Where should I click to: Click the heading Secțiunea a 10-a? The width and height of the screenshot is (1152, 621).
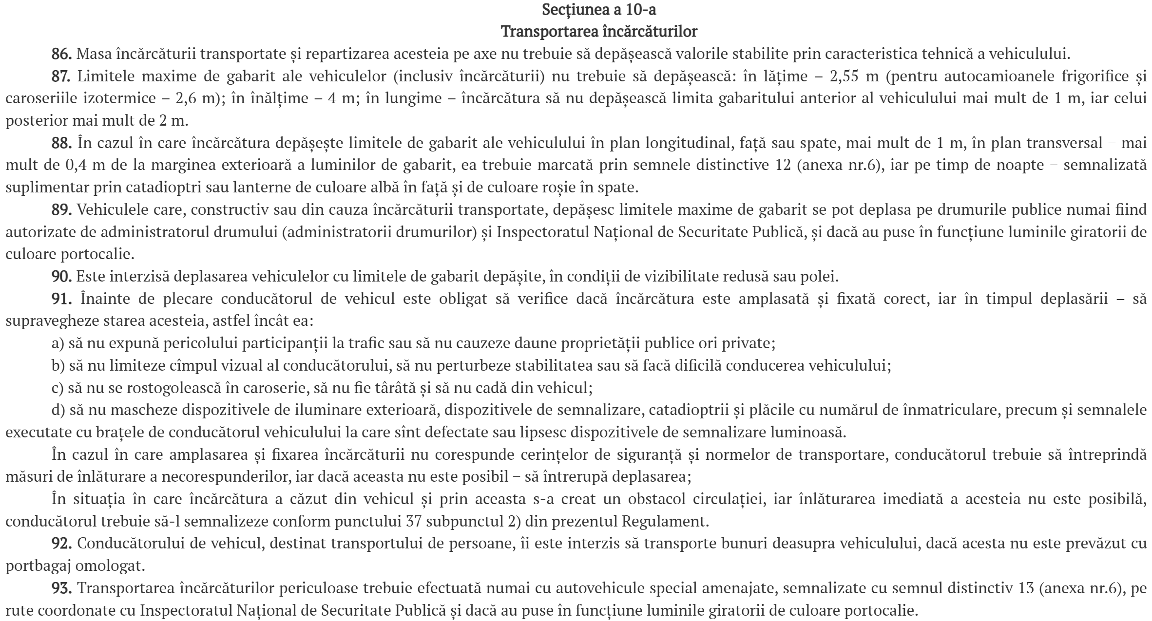[599, 10]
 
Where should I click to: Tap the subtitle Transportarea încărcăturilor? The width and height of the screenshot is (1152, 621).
[599, 32]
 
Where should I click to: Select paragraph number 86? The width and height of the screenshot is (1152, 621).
[61, 54]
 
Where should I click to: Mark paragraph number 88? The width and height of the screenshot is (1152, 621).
[61, 143]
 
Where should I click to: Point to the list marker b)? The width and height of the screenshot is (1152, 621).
[58, 366]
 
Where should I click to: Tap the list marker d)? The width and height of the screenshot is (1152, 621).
[58, 411]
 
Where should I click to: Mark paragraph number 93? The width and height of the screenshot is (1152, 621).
[61, 589]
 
